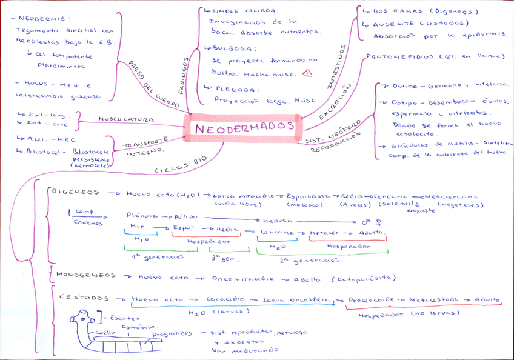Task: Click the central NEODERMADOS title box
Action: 245,127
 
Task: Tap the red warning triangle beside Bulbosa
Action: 307,73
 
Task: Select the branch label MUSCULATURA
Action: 127,119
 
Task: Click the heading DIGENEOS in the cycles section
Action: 75,193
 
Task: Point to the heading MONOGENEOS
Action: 85,275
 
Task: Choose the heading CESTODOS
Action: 84,298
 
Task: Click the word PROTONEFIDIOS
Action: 400,56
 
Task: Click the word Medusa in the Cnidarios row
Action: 276,221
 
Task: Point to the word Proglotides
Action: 172,333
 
